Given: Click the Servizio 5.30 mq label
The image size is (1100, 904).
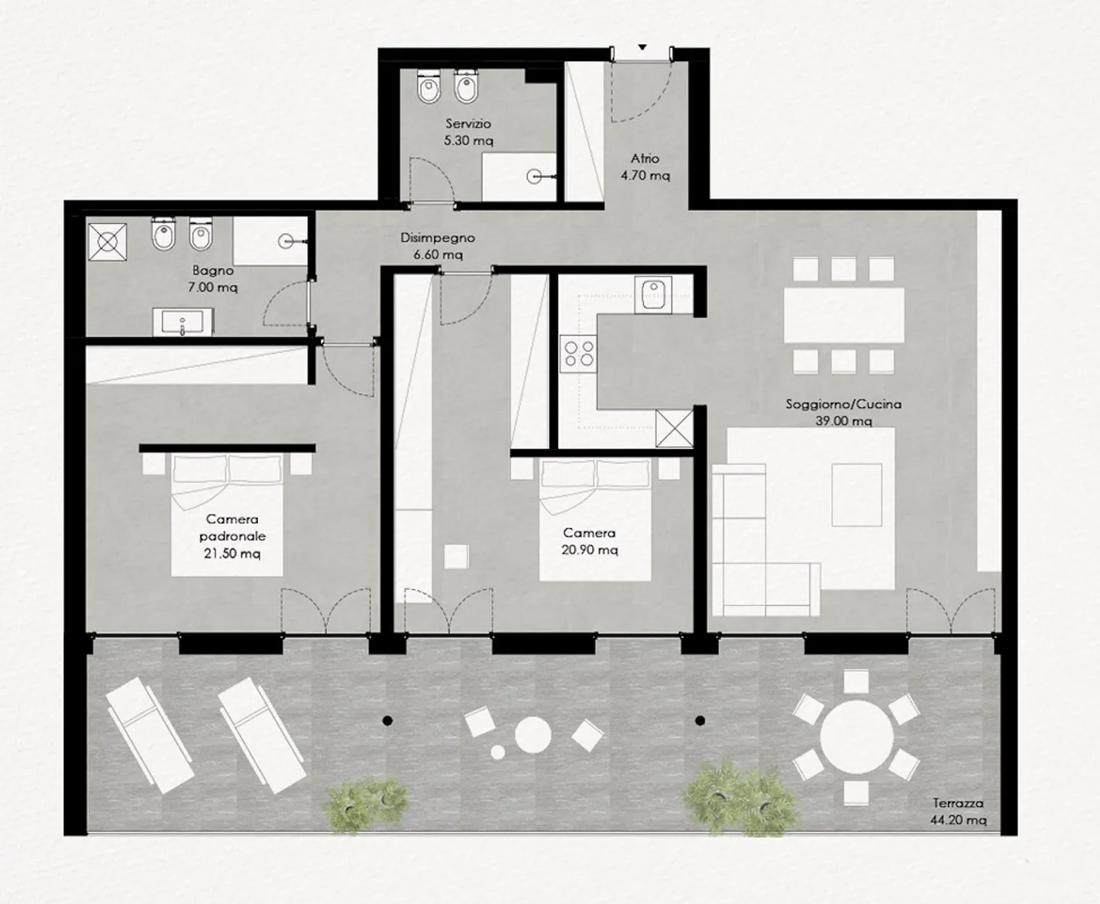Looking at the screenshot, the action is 468,132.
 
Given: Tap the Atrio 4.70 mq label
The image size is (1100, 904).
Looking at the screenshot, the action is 645,167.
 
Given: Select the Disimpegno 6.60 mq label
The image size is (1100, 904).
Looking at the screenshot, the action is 438,246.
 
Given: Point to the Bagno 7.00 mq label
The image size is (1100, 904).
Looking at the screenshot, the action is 212,279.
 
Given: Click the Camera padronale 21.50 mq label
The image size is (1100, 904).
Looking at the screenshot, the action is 232,536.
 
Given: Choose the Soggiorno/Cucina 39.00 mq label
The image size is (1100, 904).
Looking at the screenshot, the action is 843,412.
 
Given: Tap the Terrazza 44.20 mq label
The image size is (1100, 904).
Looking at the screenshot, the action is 958,811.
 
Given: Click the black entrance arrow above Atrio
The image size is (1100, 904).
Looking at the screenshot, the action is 642,47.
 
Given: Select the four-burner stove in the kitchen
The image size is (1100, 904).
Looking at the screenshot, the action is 578,354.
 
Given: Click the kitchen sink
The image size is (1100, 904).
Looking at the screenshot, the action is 653,295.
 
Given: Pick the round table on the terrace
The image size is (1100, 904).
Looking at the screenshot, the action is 856,737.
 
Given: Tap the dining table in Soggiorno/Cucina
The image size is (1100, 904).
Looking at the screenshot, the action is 844,315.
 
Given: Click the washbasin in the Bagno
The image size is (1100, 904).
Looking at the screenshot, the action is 183,322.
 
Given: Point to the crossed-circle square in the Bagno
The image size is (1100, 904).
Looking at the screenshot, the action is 108,242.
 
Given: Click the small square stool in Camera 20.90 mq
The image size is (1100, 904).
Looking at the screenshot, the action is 456,556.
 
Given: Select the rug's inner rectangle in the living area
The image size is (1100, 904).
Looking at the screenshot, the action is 856,494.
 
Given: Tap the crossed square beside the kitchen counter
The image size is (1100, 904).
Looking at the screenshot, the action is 675,428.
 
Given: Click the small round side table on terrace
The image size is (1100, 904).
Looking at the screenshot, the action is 498,752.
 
